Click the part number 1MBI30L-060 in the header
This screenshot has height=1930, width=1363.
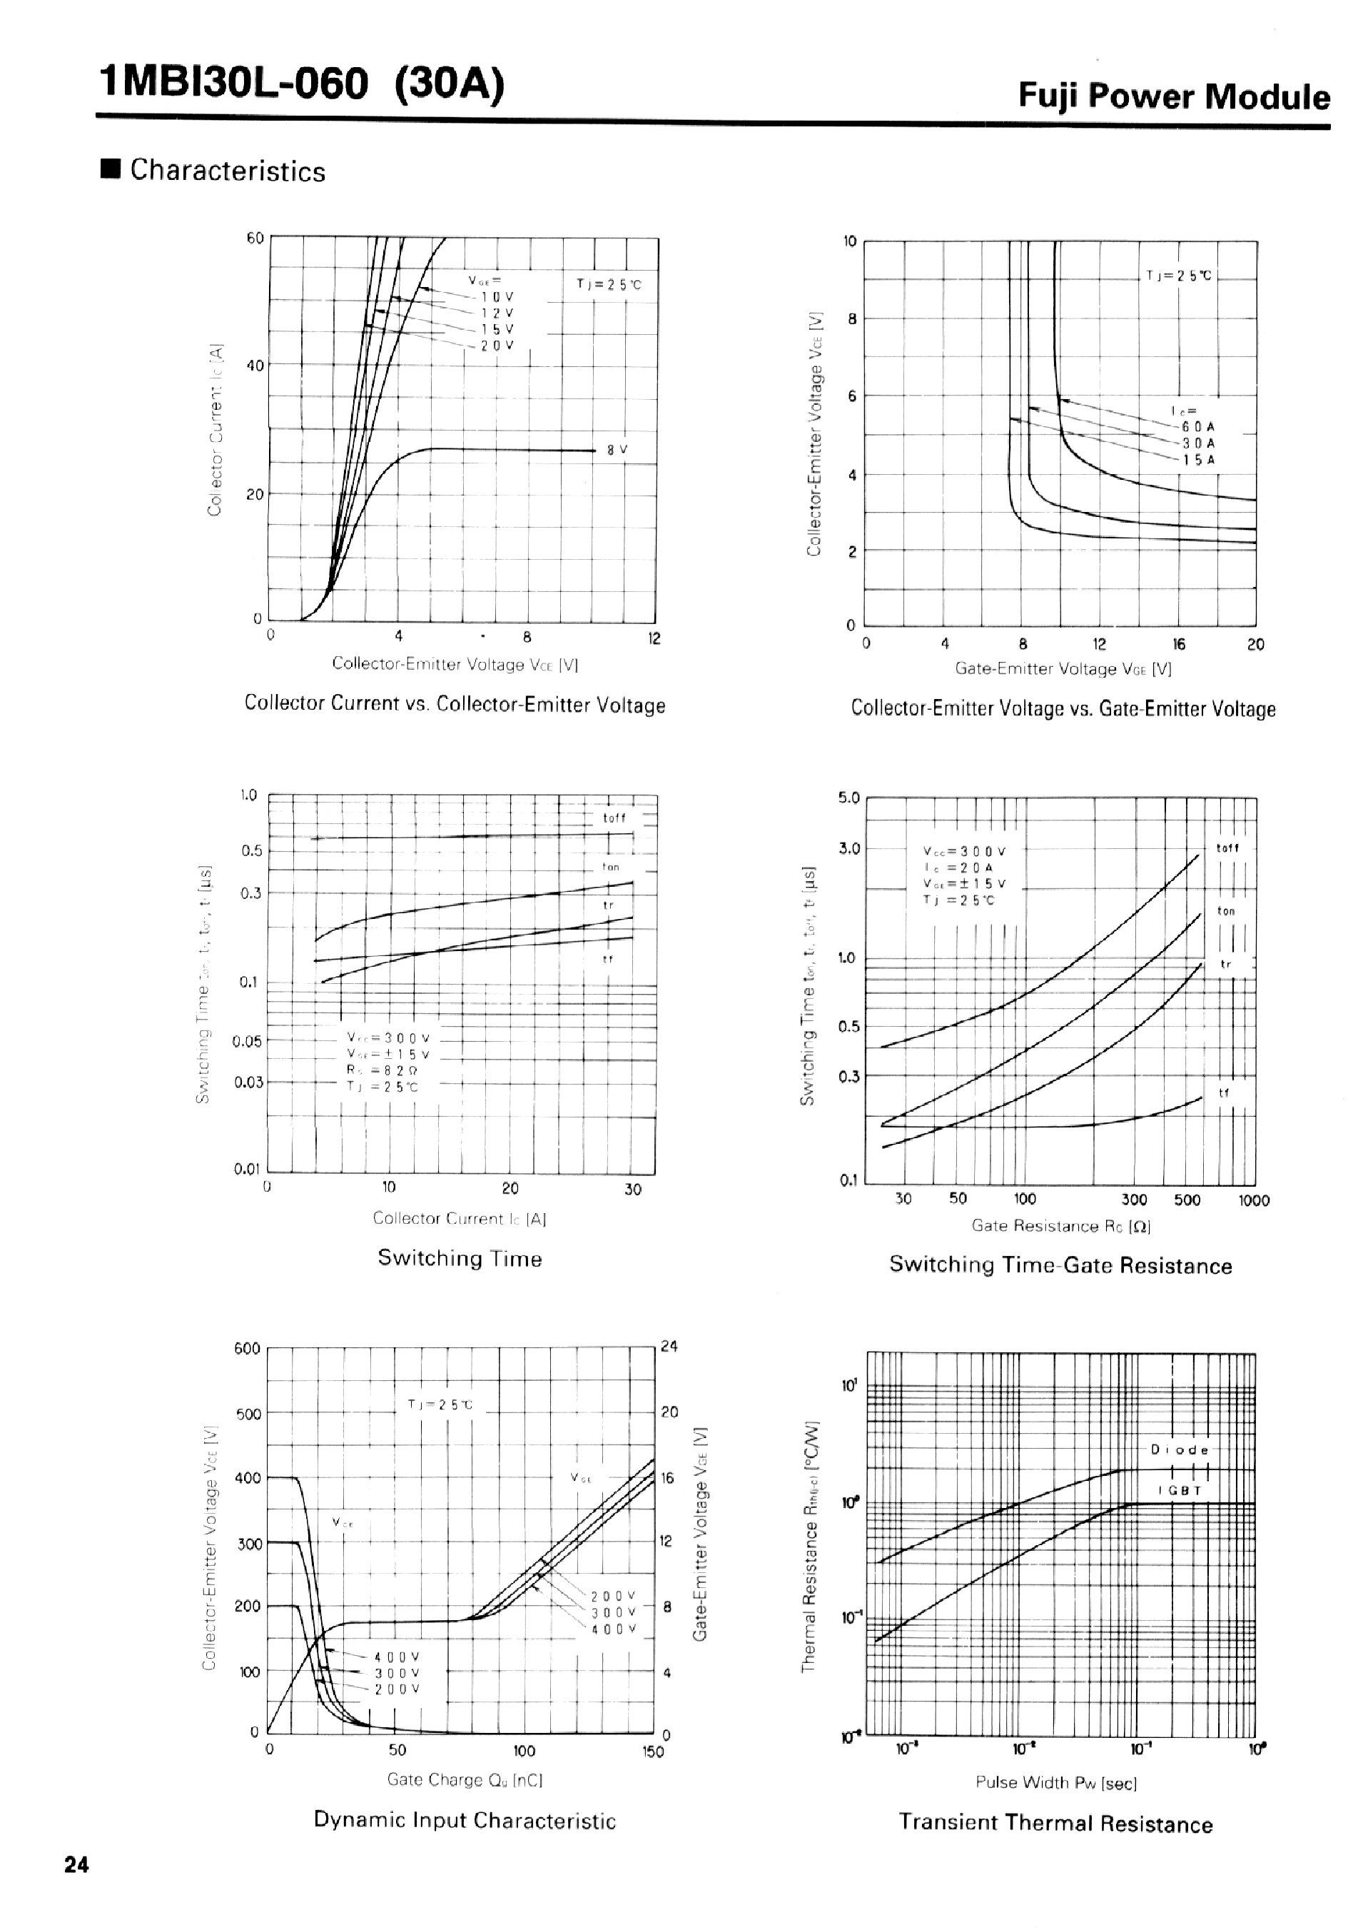click(233, 85)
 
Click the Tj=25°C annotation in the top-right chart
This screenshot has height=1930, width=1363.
click(1179, 276)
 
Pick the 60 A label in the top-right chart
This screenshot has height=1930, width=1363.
click(1198, 427)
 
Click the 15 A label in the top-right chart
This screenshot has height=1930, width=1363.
click(1198, 460)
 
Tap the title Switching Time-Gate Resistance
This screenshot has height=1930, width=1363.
click(1060, 1265)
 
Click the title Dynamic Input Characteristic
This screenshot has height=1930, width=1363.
click(465, 1821)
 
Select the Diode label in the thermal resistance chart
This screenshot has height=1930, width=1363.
click(1180, 1450)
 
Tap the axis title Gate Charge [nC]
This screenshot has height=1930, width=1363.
click(465, 1779)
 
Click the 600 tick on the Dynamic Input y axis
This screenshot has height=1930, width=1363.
click(247, 1350)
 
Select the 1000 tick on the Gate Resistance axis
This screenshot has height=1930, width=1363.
click(1254, 1200)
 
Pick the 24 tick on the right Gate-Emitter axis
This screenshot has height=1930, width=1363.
click(669, 1347)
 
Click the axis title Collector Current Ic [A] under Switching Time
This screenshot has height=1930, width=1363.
click(460, 1218)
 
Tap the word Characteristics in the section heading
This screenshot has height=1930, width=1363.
click(228, 171)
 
